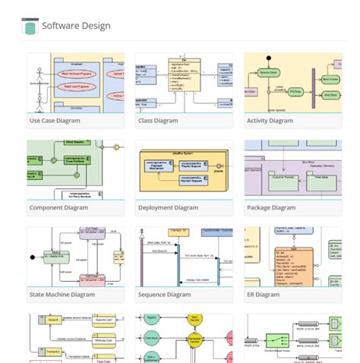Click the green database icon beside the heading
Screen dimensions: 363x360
[x=30, y=27]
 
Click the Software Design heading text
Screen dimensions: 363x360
[x=76, y=26]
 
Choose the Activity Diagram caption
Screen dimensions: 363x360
[x=270, y=121]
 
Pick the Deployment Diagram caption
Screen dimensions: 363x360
[x=169, y=207]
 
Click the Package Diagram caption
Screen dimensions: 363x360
[x=271, y=207]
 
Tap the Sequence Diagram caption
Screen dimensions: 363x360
[x=165, y=294]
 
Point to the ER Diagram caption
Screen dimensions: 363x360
[x=264, y=294]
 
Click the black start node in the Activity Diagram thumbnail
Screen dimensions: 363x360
[x=268, y=57]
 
